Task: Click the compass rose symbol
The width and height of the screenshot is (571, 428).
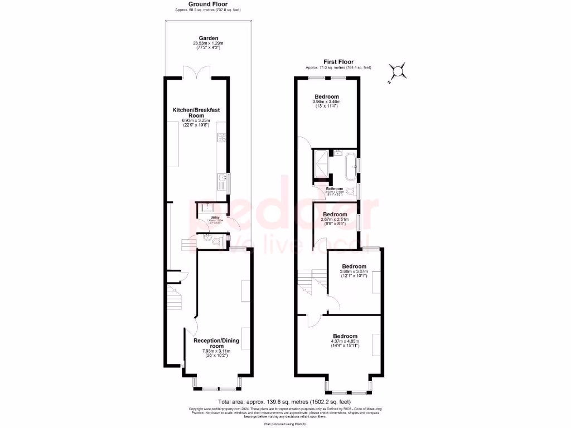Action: point(397,71)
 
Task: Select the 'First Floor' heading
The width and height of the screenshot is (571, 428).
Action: point(338,62)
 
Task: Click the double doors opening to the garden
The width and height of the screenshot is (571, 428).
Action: point(196,73)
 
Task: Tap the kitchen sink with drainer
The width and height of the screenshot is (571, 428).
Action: point(222,183)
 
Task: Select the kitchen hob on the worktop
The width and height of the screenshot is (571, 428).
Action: point(222,141)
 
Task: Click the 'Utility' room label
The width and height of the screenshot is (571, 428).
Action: point(215,217)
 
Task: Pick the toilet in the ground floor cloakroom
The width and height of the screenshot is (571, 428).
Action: point(207,240)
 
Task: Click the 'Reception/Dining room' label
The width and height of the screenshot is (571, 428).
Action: point(216,343)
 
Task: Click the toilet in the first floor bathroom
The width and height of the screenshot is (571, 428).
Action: point(350,192)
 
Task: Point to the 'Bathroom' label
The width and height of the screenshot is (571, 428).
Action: point(335,189)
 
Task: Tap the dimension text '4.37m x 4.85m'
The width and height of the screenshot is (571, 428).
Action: point(346,341)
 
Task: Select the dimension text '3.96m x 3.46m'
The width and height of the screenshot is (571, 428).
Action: point(327,102)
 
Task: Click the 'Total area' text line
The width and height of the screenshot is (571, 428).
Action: point(284,401)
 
